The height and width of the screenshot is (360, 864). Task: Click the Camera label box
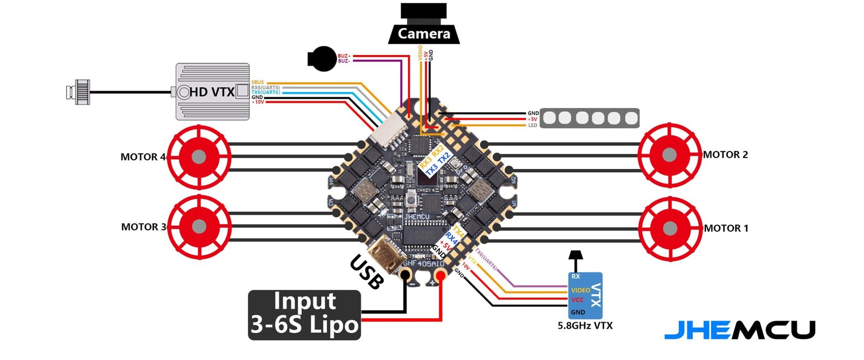pos(424,33)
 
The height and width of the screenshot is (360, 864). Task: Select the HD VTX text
pos(212,92)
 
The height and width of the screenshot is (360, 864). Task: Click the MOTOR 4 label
pos(143,157)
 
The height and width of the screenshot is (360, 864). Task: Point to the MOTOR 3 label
pos(143,227)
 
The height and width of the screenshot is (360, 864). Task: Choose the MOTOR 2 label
pos(725,155)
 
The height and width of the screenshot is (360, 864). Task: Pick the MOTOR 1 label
pos(726,228)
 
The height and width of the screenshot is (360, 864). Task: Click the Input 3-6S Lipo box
pos(305,315)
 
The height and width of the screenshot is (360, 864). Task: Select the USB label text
pos(367,271)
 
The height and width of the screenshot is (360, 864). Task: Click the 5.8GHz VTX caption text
pos(585,326)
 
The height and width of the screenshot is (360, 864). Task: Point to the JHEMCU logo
pos(739,330)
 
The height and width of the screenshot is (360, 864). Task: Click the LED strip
pos(590,118)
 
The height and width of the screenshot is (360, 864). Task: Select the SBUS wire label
pos(258,83)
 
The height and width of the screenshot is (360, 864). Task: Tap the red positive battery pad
pos(441,276)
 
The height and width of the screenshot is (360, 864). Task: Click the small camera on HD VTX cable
pos(78,92)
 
